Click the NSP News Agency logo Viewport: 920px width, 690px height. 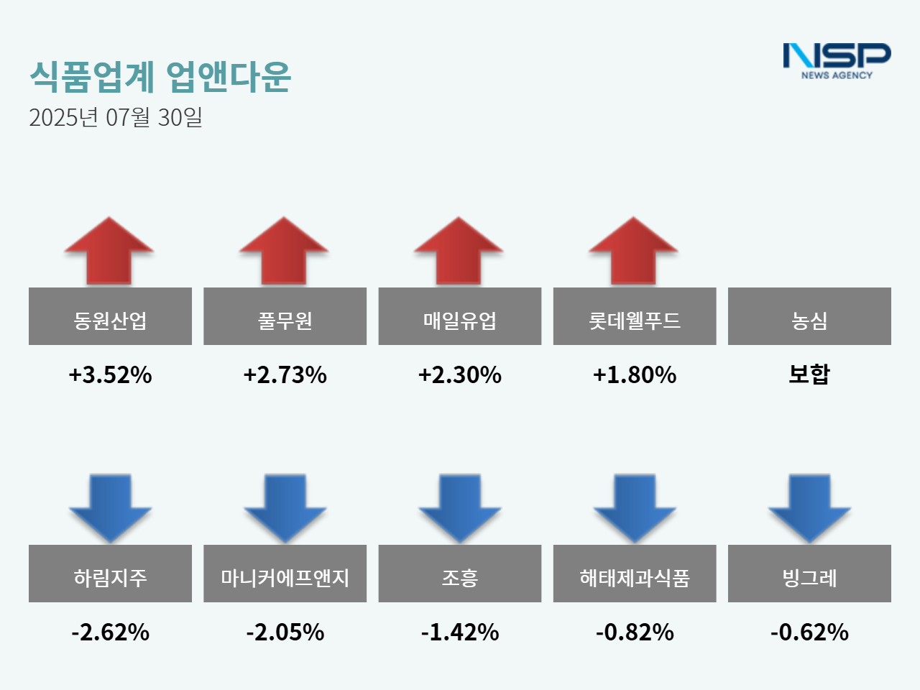(x=837, y=60)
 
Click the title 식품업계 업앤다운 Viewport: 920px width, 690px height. (x=160, y=76)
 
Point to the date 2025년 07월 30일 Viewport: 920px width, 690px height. (x=115, y=117)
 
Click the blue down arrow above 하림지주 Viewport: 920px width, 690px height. (x=110, y=507)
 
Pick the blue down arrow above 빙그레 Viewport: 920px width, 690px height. (x=809, y=507)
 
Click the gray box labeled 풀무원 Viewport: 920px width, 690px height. (x=285, y=316)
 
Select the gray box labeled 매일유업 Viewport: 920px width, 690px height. (x=459, y=316)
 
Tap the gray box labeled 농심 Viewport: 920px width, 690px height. (x=809, y=316)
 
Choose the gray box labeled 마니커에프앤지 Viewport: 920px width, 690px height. (x=285, y=574)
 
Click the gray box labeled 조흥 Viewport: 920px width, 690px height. (x=459, y=574)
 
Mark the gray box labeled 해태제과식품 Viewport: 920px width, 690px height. (x=634, y=574)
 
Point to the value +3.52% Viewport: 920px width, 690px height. (x=110, y=374)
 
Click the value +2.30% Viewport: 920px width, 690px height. (x=459, y=374)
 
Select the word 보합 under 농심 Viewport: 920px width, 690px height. (x=809, y=374)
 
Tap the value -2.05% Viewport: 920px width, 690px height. (x=285, y=632)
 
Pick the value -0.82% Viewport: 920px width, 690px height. (x=634, y=632)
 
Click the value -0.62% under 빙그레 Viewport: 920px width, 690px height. (x=809, y=632)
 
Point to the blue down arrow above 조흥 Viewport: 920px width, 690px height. (x=459, y=507)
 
